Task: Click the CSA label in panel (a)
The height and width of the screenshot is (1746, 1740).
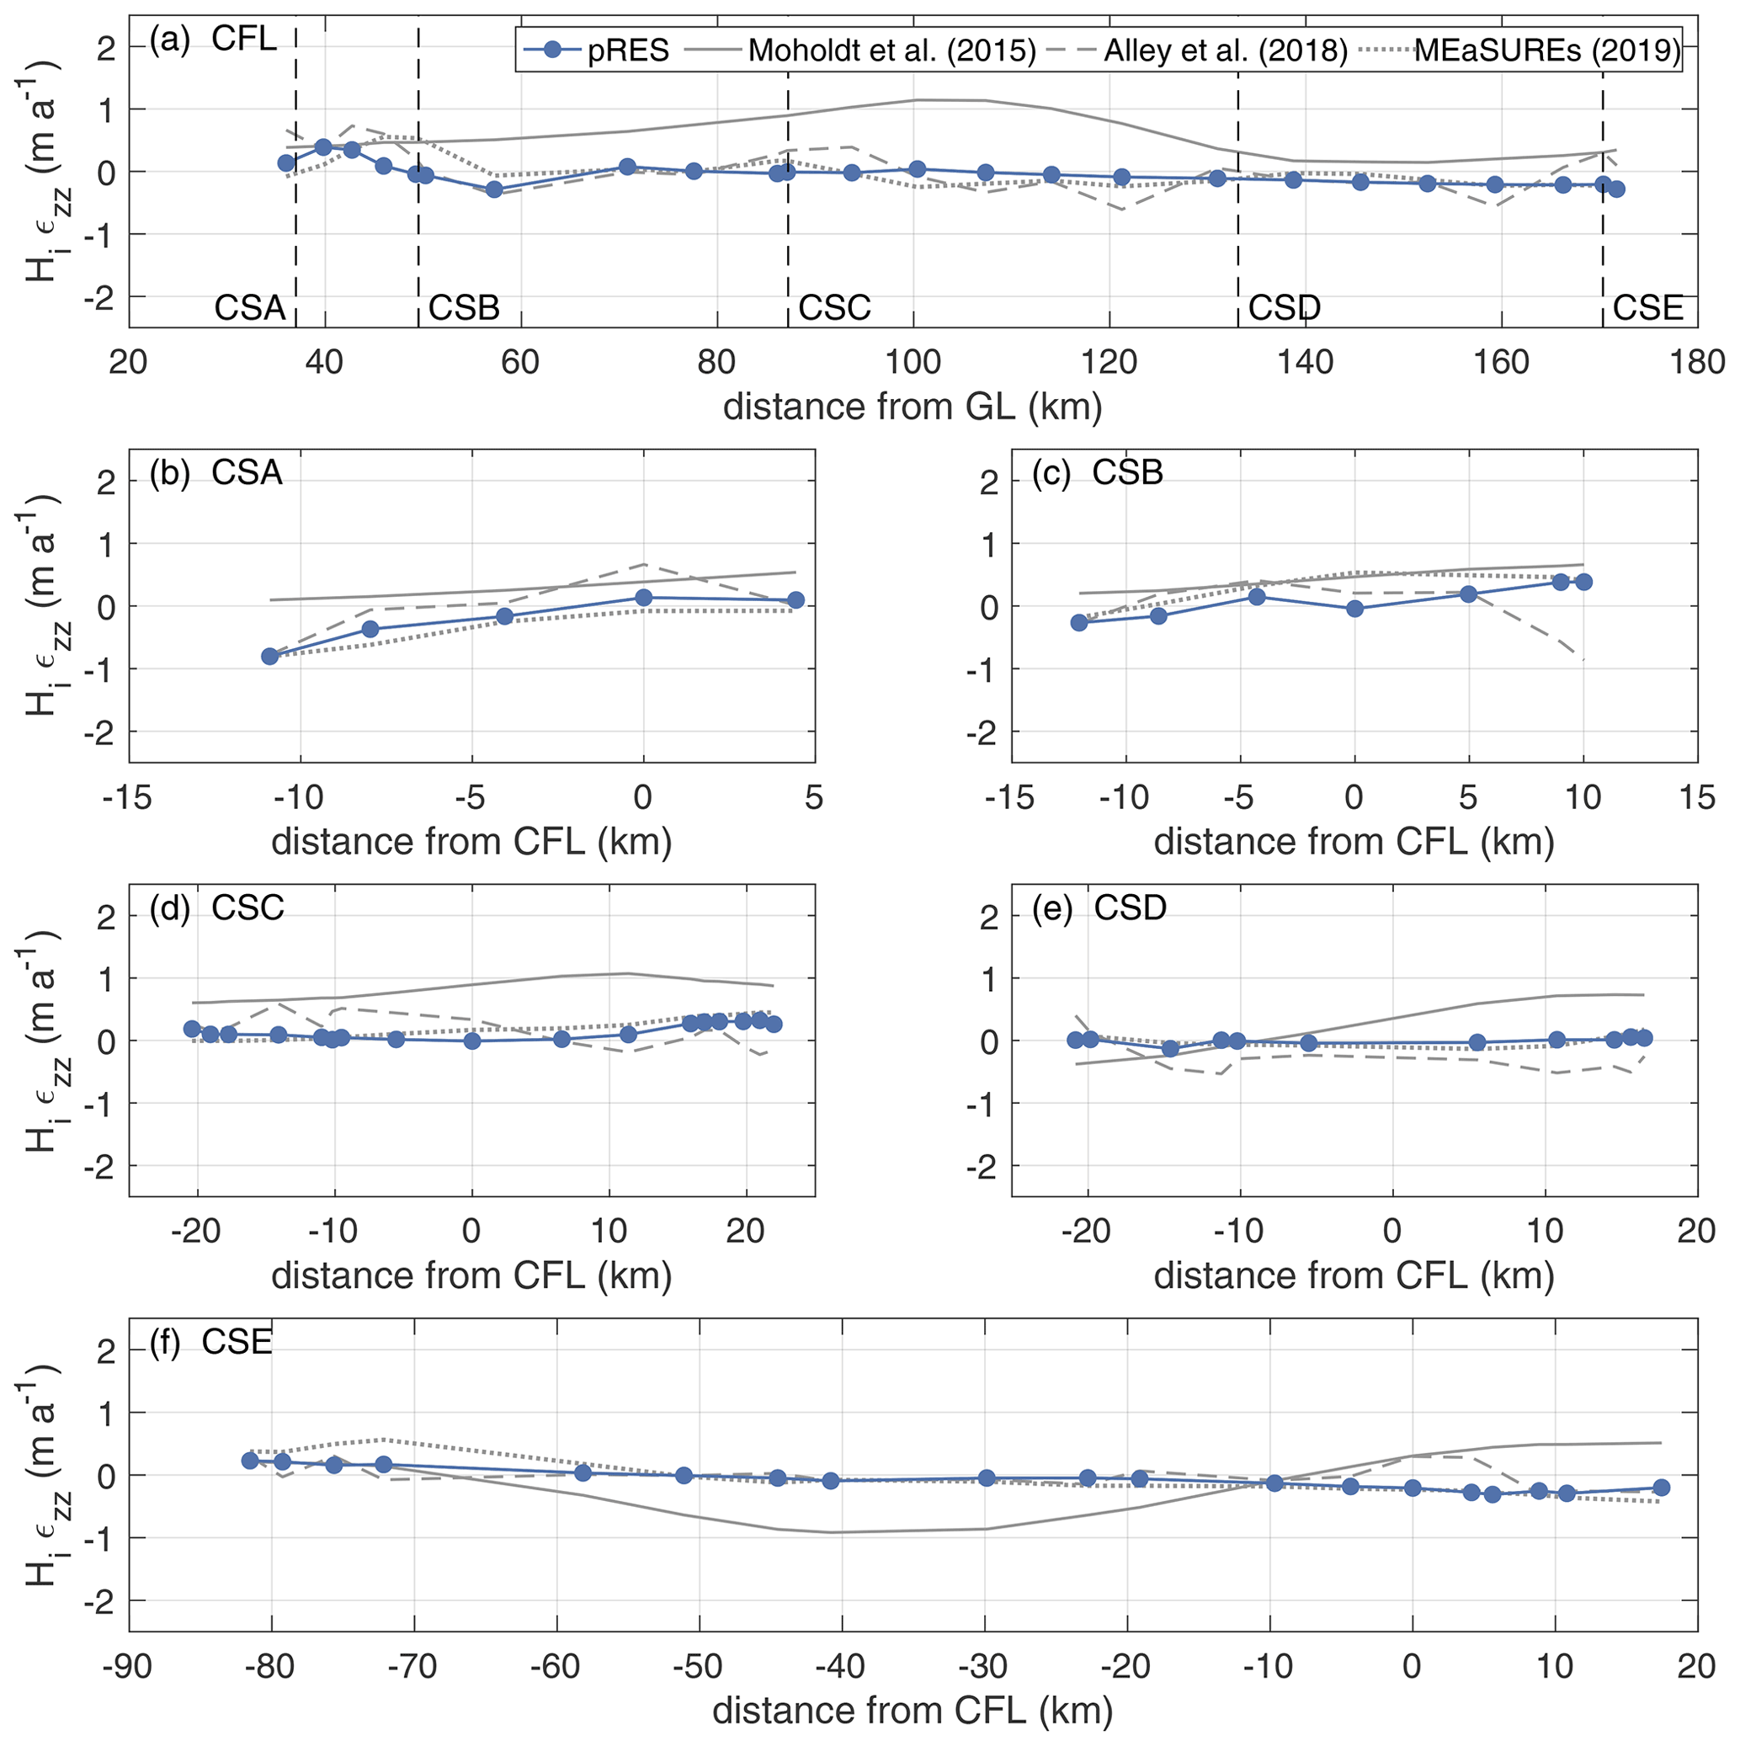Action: [249, 309]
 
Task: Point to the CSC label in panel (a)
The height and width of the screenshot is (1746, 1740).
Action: [834, 309]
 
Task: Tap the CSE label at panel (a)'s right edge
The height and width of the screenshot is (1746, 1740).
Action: [1647, 309]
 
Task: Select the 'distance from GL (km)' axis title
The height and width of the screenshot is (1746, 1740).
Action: [912, 407]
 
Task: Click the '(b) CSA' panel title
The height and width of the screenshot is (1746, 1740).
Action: [216, 472]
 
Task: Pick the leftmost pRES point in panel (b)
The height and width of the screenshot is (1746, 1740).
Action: [269, 656]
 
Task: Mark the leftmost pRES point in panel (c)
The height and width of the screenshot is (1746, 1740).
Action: [1078, 623]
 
